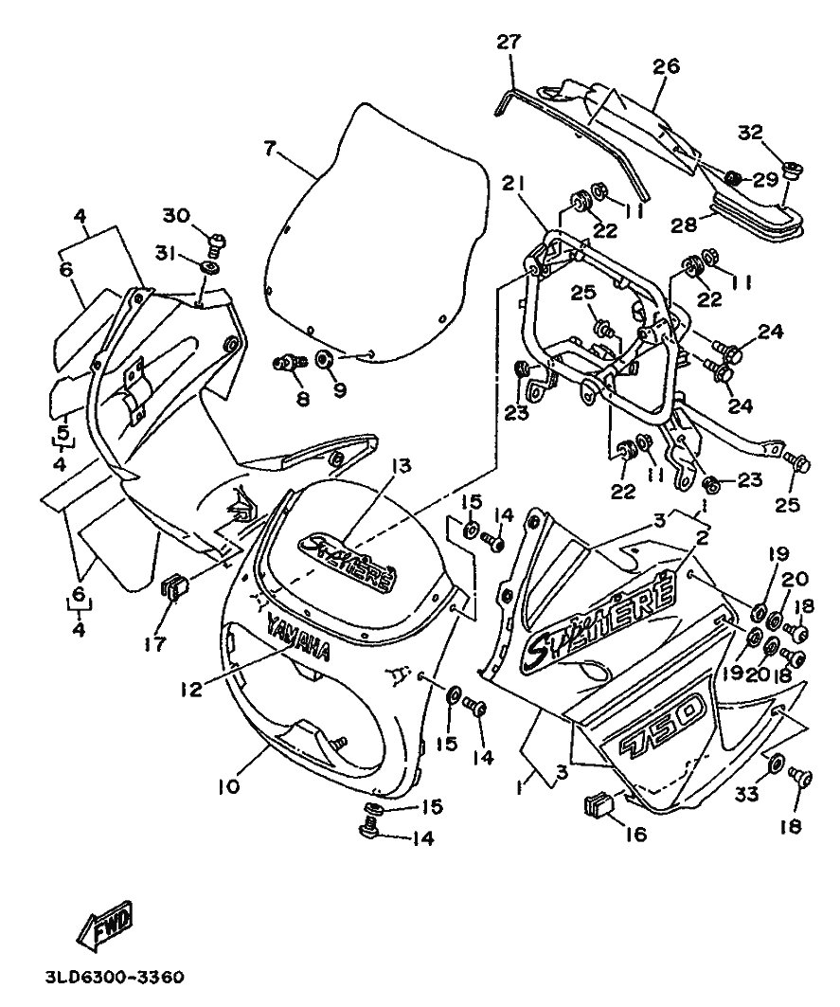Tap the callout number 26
click(x=667, y=66)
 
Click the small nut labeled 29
click(x=734, y=177)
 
